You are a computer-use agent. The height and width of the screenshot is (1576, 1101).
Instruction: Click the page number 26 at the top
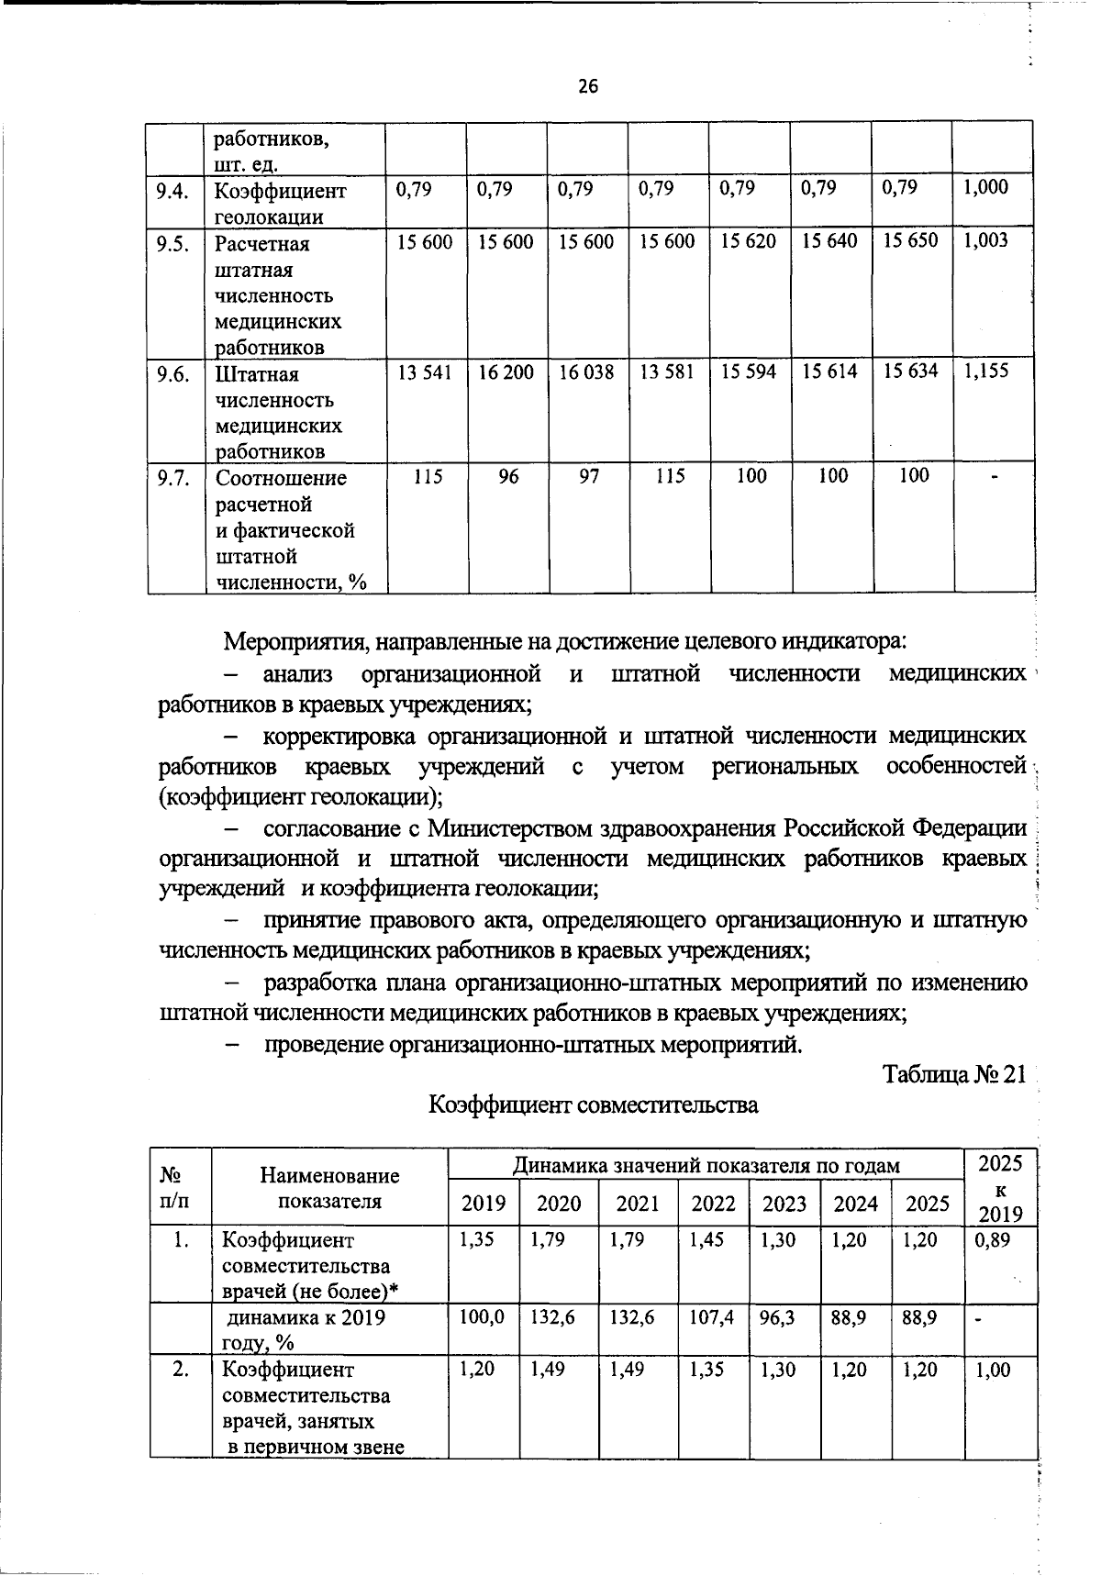[x=587, y=87]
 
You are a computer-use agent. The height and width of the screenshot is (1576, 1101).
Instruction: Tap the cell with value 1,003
[x=985, y=240]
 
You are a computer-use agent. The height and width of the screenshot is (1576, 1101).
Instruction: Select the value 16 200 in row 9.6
[x=506, y=372]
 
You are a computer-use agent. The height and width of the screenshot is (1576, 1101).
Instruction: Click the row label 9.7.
[x=172, y=477]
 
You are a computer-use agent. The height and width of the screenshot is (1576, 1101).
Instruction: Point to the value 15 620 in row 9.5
[x=749, y=240]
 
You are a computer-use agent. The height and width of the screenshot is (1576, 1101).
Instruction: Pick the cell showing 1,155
[x=985, y=371]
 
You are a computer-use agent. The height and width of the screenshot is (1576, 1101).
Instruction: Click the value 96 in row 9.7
[x=507, y=476]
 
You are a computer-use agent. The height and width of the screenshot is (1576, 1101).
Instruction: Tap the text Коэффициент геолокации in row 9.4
[x=281, y=204]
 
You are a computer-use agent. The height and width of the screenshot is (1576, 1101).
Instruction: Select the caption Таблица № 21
[x=953, y=1074]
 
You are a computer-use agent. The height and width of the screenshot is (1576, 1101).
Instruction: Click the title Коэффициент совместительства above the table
[x=594, y=1104]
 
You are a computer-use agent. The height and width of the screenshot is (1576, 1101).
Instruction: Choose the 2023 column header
[x=784, y=1204]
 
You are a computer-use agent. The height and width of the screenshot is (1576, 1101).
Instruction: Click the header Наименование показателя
[x=329, y=1189]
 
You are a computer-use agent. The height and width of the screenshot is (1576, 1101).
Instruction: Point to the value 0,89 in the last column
[x=992, y=1239]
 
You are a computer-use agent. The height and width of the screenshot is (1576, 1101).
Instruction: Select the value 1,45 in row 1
[x=706, y=1239]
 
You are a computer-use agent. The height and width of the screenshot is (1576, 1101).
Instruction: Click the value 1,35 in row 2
[x=706, y=1369]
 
